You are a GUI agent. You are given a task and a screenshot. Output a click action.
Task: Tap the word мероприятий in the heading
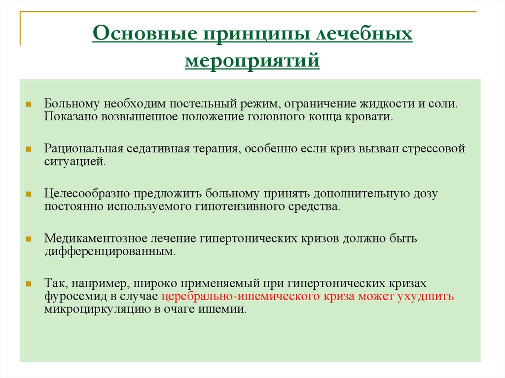click(x=252, y=63)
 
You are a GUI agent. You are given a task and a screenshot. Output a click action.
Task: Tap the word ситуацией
click(x=74, y=161)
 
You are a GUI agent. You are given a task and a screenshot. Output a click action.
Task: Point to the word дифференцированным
click(x=109, y=252)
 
